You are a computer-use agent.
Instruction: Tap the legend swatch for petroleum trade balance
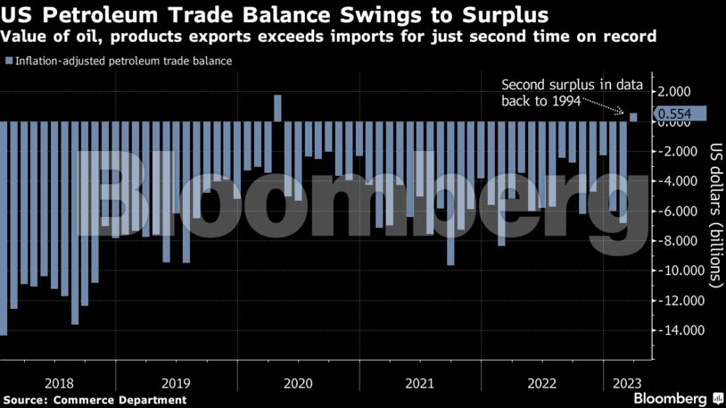[x=9, y=61]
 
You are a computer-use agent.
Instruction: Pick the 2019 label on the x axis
[x=176, y=382]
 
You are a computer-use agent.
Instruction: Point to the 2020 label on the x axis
[x=297, y=382]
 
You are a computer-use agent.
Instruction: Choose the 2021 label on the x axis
[x=418, y=382]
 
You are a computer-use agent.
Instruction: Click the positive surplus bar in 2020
[x=277, y=108]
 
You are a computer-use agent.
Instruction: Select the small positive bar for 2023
[x=633, y=117]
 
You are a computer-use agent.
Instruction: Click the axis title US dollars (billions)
[x=714, y=214]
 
